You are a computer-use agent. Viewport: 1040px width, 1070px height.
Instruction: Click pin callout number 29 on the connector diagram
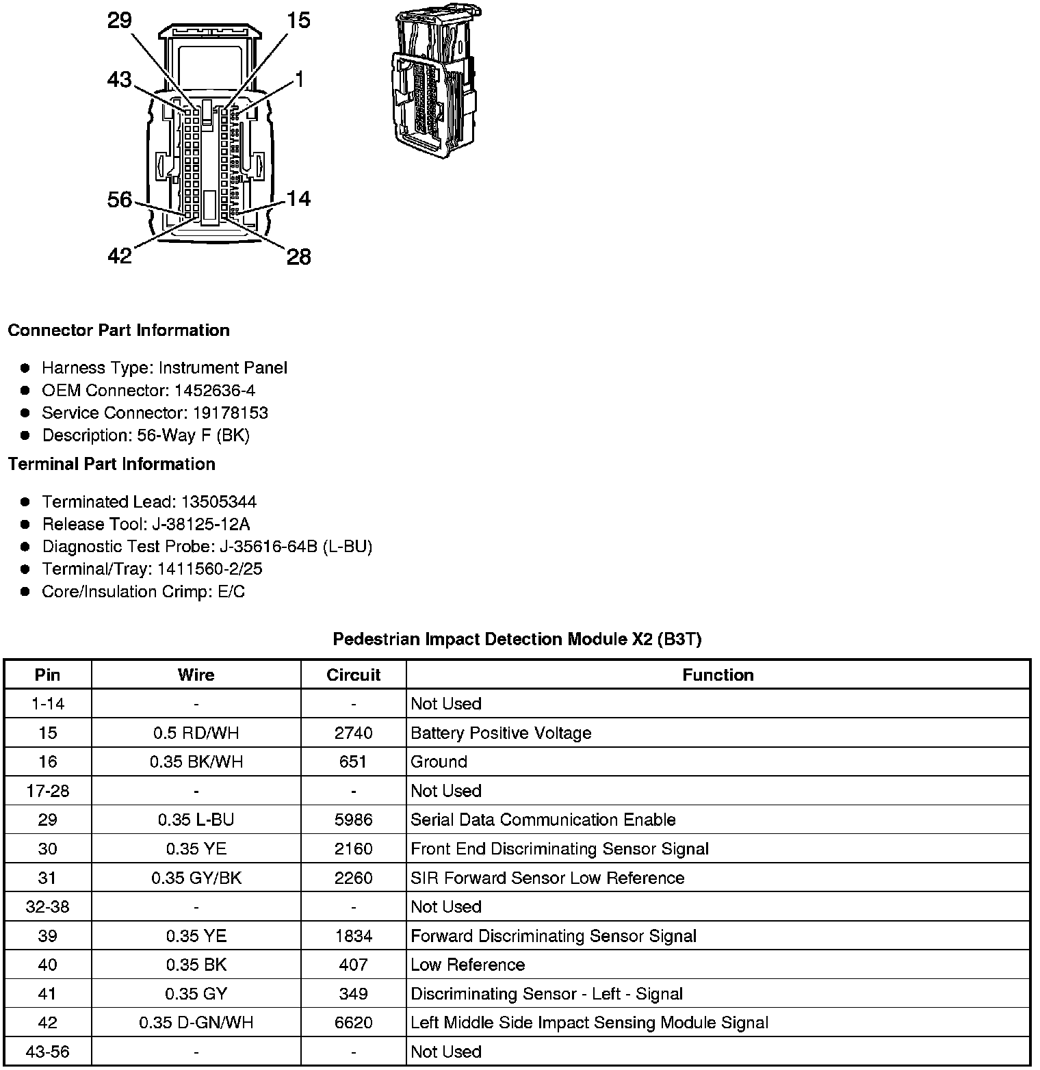[x=120, y=21]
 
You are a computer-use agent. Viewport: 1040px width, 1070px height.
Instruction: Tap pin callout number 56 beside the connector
[x=120, y=200]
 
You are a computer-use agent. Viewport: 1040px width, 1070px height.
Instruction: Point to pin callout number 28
[x=299, y=257]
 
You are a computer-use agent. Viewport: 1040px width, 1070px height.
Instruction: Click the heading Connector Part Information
[x=118, y=330]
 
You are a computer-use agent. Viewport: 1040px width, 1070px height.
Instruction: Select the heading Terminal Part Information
[x=112, y=465]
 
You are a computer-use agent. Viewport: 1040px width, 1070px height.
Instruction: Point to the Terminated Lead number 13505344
[x=218, y=502]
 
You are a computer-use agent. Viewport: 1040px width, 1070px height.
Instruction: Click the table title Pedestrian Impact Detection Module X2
[x=517, y=640]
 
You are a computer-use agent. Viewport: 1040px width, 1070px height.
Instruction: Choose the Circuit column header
[x=353, y=675]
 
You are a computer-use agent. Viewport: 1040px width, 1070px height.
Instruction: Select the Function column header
[x=718, y=675]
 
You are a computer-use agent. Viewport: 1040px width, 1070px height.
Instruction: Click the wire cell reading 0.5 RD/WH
[x=196, y=733]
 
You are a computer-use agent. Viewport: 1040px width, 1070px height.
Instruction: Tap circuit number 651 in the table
[x=353, y=762]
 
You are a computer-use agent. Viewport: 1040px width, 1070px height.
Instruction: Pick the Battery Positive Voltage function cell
[x=501, y=733]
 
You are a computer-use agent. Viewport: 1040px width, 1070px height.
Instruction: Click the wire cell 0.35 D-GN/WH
[x=196, y=1023]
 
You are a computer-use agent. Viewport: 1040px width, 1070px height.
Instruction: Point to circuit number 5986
[x=353, y=820]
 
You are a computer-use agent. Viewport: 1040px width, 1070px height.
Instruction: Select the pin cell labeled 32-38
[x=47, y=907]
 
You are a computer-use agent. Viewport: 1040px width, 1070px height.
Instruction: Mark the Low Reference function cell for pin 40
[x=468, y=965]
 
